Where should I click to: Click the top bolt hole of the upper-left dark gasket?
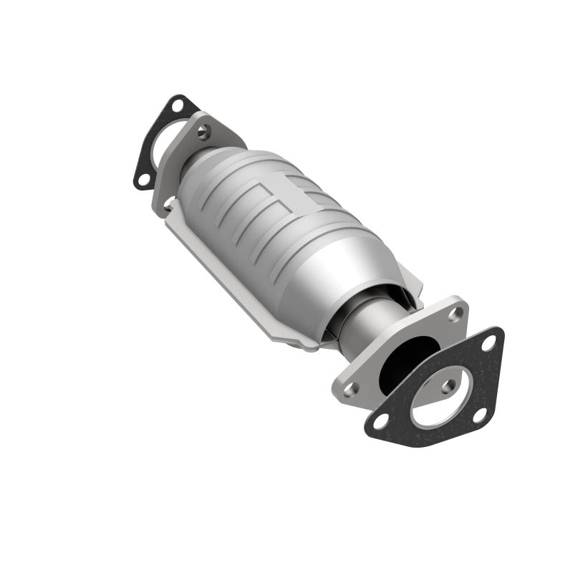pyautogui.click(x=176, y=105)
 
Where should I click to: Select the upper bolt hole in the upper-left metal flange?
pyautogui.click(x=206, y=130)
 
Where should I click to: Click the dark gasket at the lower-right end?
pyautogui.click(x=430, y=423)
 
